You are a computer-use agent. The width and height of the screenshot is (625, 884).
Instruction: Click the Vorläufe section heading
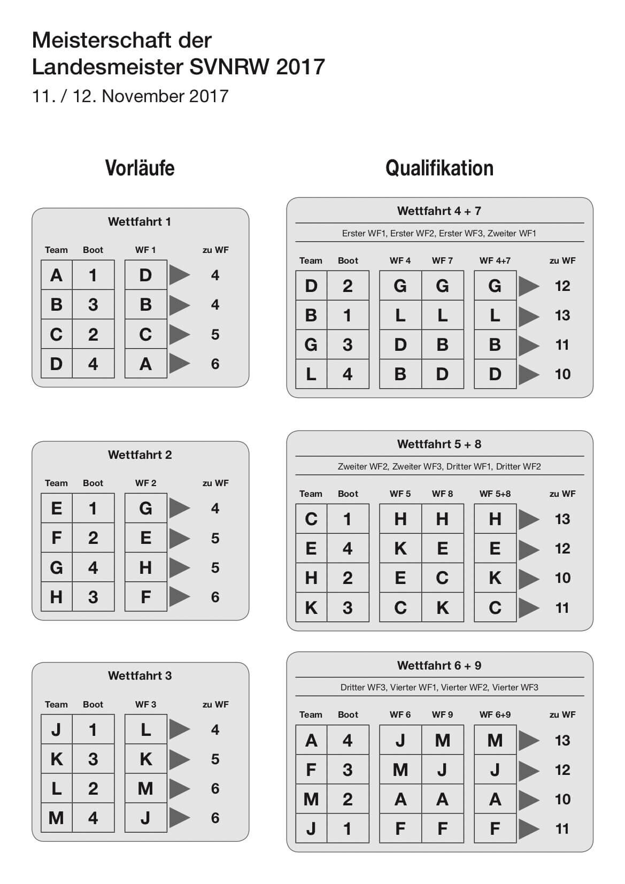coord(140,168)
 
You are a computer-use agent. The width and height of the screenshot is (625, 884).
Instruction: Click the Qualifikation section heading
coord(439,168)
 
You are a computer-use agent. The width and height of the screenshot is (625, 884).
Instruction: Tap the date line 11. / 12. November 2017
coord(130,96)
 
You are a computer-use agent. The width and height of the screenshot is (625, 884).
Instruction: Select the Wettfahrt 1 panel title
coord(140,221)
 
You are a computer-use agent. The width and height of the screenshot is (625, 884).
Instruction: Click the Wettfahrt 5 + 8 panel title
coord(439,444)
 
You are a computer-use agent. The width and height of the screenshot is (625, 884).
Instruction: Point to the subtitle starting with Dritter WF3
coord(439,687)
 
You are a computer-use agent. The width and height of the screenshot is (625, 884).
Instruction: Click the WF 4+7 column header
coord(495,260)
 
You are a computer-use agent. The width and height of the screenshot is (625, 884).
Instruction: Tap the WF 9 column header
coord(442,714)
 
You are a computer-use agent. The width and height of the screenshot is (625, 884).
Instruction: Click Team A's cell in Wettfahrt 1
coord(56,275)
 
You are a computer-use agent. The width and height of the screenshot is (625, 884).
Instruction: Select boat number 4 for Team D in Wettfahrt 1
coord(93,364)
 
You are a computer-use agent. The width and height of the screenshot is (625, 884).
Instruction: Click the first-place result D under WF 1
coord(145,275)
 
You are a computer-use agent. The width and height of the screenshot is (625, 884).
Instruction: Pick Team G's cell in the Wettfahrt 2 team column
coord(56,567)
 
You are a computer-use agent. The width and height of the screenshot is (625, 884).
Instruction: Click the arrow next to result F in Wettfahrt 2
coord(180,597)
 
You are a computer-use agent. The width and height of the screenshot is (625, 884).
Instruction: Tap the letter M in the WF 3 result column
coord(145,788)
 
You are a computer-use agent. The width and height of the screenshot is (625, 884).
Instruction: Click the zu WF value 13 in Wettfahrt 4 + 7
coord(562,316)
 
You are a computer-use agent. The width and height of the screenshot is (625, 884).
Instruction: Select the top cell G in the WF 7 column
coord(442,286)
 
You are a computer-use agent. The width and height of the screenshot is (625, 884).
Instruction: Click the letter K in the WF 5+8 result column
coord(495,578)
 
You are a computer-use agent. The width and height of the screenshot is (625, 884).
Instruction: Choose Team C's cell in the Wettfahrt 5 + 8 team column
coord(311,519)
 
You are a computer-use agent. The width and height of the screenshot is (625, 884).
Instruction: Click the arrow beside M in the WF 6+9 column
coord(529,741)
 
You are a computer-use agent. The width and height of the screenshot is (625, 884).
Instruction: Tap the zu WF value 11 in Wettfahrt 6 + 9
coord(562,829)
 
